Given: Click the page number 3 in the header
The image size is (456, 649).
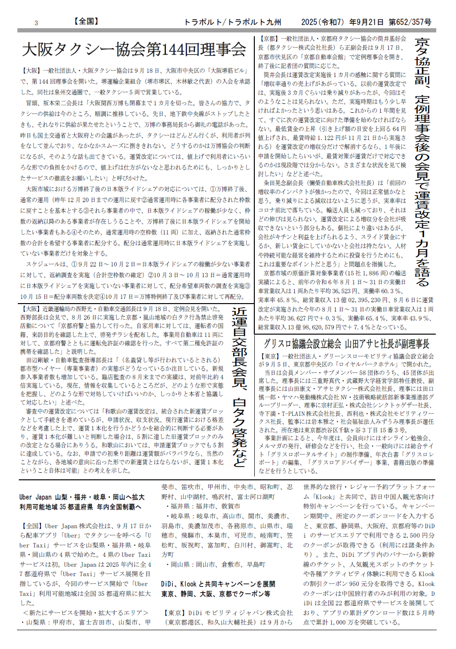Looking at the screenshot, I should pos(36,23).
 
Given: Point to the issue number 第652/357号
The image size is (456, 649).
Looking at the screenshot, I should pos(410,22).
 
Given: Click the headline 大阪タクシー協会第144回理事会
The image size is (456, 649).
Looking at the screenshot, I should pos(134,49).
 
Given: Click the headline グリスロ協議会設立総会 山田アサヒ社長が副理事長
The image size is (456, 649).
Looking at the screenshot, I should pos(346,344).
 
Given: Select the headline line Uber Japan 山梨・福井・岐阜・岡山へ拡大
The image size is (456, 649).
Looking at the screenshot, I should pos(82,497).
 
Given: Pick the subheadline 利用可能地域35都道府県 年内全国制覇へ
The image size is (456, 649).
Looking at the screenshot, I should pos(80,507).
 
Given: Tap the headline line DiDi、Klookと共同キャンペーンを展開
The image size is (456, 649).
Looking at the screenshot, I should pos(218,584).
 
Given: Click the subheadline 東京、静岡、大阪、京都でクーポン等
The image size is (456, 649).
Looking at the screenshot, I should pos(216,594).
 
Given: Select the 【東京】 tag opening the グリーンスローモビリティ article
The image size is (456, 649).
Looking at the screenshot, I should pos(268,356).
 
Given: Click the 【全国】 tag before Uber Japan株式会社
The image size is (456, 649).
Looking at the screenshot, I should pos(31,526).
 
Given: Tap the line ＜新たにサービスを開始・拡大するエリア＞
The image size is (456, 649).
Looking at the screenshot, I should pos(85,612).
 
